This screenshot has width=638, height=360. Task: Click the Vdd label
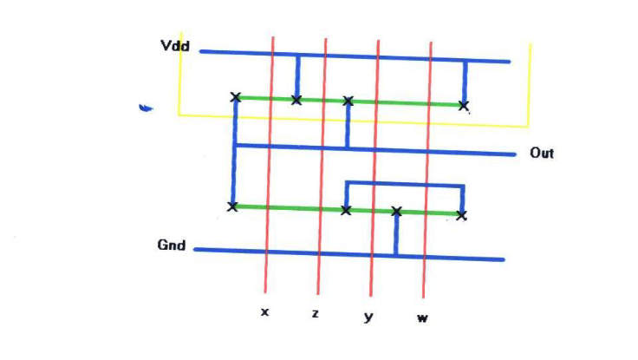[175, 46]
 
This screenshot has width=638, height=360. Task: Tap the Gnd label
[172, 245]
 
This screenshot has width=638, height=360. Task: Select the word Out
[542, 154]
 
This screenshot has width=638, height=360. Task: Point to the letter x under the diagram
[265, 312]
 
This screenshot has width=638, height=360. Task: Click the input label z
[316, 313]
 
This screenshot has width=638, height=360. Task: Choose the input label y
[368, 317]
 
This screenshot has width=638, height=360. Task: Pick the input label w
[422, 317]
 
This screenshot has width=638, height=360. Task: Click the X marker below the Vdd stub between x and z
[296, 100]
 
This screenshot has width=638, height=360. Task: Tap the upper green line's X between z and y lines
[348, 101]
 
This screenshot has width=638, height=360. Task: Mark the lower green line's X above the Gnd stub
[397, 212]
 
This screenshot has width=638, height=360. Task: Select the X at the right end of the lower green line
[461, 215]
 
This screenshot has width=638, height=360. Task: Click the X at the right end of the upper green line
[463, 106]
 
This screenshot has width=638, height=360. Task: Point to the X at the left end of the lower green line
[232, 206]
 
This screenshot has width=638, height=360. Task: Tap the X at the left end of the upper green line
[236, 97]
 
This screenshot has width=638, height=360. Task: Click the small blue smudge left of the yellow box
[146, 108]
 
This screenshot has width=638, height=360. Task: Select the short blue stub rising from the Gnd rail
[396, 234]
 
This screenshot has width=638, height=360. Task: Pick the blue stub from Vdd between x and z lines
[298, 75]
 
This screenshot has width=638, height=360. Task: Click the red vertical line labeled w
[426, 170]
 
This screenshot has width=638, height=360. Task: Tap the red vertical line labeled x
[269, 165]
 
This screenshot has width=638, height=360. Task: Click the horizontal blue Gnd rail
[349, 254]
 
